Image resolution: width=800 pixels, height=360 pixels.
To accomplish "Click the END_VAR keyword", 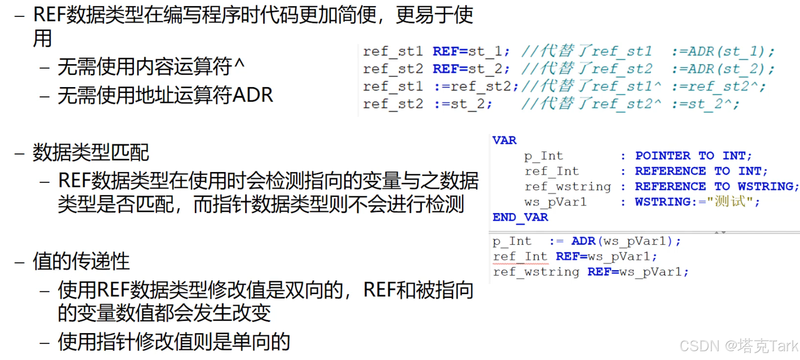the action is pos(520,217).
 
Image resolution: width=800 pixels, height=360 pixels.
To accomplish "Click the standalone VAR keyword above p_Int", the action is pos(504,140).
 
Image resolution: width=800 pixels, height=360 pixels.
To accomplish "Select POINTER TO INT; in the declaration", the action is pos(693,156).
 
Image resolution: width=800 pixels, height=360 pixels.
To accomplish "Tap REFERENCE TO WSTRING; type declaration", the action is pos(716,187).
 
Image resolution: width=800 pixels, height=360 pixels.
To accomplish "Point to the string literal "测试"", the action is pos(730,202).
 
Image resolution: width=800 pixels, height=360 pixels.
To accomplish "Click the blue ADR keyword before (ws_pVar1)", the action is pos(583,241).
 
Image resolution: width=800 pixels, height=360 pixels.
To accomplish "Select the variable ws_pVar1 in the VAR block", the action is pos(555,202).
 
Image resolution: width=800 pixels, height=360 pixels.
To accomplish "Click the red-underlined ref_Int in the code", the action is pos(520,257).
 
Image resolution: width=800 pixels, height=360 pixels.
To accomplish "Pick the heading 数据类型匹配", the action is pos(91,153).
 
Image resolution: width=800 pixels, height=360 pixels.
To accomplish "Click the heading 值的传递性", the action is pos(81,261).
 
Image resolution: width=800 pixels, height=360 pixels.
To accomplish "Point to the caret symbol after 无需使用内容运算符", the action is pos(239,64).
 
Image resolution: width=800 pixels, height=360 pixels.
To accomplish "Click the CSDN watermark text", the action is pos(738,346).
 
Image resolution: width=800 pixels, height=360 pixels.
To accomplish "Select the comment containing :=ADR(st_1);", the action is pos(647,51).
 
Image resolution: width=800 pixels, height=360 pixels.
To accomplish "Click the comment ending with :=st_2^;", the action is pos(630,104).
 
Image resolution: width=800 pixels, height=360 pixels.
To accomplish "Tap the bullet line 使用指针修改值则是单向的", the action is pos(174,342).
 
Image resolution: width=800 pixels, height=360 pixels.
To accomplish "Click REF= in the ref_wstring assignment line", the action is pos(603,272).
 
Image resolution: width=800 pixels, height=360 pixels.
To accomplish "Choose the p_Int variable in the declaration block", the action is pos(543,156).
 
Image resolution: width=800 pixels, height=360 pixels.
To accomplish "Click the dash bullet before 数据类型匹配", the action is pos(19,154).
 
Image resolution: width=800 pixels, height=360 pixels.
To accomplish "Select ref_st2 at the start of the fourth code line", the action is pos(393,104).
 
